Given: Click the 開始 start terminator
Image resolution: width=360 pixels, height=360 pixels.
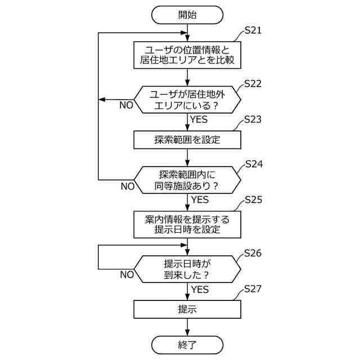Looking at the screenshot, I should pos(187,15).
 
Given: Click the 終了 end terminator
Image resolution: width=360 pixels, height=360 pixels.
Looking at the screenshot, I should pos(187,344).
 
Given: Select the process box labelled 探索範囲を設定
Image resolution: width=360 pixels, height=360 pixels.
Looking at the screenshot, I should pos(187,138).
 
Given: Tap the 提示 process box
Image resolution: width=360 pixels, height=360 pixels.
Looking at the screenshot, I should pos(187,309).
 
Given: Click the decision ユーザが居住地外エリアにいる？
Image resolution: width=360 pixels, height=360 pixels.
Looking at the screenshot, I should pos(187,100).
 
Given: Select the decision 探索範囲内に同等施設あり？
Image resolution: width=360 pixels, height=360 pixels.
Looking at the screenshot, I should pos(187,179).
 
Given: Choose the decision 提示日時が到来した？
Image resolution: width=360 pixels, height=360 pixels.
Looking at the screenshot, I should pos(187,268).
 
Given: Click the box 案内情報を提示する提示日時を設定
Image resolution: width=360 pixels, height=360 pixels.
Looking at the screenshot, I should pos(187,224).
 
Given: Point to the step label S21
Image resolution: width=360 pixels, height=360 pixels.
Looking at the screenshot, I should pos(253,31).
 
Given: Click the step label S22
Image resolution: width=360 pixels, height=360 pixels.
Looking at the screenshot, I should pos(253,84).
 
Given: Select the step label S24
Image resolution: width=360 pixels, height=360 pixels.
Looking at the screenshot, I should pos(253,164).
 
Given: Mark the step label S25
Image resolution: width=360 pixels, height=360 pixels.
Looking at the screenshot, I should pos(253,200).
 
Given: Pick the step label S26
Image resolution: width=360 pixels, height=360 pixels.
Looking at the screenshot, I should pos(253,253).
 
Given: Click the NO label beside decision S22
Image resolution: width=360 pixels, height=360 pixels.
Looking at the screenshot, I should pos(126,105).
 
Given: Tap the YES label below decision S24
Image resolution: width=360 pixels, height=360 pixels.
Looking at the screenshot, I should pos(200,200).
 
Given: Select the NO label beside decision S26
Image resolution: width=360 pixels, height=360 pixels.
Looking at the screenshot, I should pos(126,274).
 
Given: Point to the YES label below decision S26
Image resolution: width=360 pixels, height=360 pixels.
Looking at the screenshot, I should pos(200,289).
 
